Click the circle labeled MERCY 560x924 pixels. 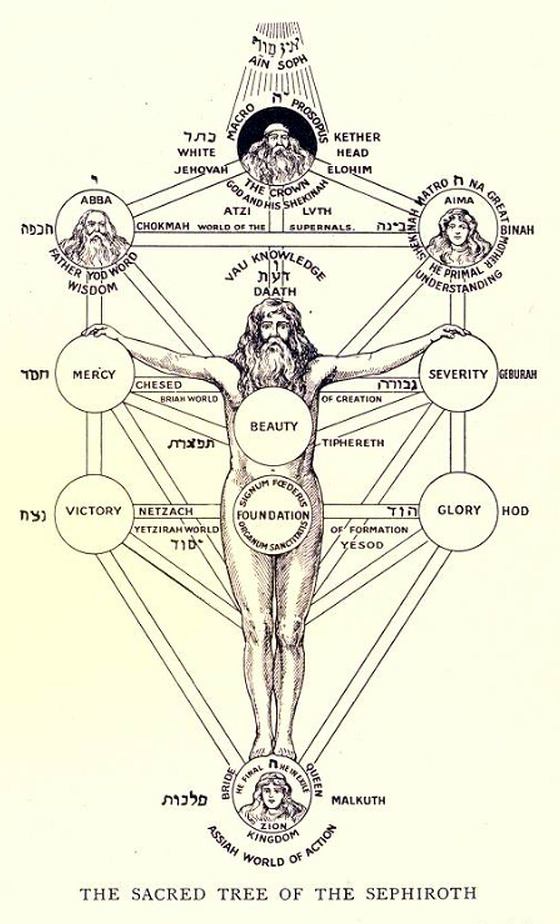point(94,375)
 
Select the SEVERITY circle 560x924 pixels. point(458,374)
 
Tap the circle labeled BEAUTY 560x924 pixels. point(274,427)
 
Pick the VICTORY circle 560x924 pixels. point(94,511)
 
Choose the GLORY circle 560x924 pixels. point(459,510)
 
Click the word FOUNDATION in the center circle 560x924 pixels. point(273,515)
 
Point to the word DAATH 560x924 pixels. point(274,292)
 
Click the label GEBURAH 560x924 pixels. point(518,374)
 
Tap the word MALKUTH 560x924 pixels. point(358,800)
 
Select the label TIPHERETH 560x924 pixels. point(353,443)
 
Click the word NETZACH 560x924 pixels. point(166,511)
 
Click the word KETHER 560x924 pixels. point(357,137)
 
